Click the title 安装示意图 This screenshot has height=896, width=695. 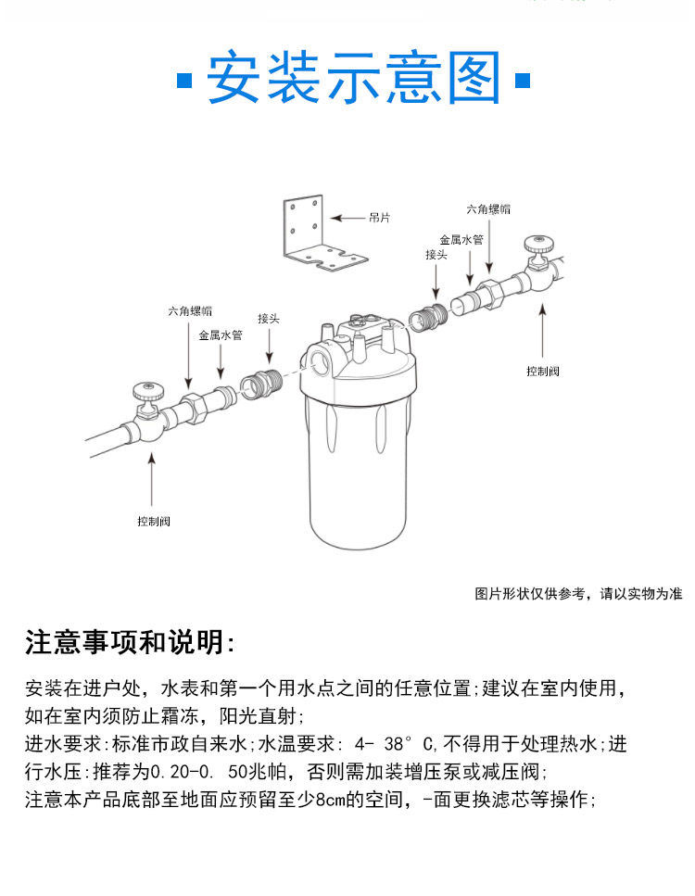tap(353, 79)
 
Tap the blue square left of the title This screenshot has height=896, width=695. tap(183, 80)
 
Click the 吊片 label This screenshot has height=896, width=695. tap(380, 218)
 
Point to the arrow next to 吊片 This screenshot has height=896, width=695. tap(347, 218)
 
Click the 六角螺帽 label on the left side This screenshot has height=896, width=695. tap(190, 311)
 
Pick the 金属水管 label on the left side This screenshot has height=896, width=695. tap(221, 335)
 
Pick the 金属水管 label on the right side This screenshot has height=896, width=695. tap(461, 238)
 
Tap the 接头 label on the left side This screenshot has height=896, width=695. tap(269, 319)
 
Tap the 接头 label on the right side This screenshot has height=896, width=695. tap(436, 254)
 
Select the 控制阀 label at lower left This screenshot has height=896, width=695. tap(154, 521)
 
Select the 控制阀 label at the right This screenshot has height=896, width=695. tap(543, 371)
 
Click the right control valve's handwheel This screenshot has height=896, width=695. tap(537, 245)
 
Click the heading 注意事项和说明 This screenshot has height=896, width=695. tap(131, 641)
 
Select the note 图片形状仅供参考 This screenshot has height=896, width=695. tap(578, 593)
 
